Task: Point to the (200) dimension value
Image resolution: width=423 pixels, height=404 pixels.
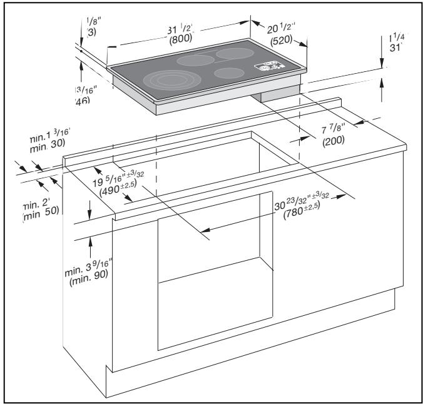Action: click(x=335, y=142)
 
